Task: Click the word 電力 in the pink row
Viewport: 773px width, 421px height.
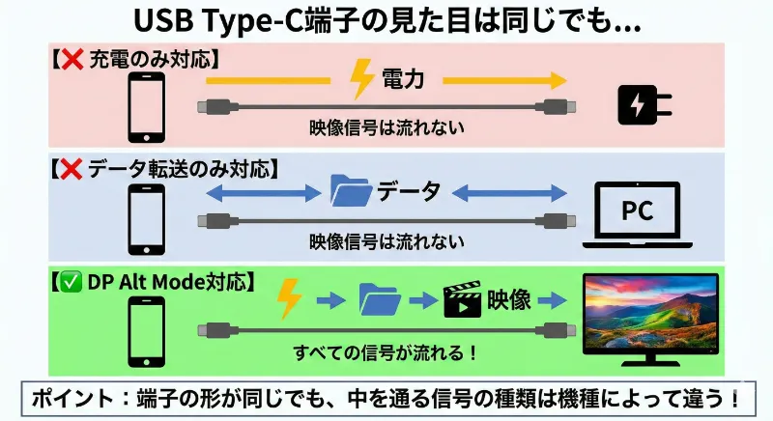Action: pos(403,80)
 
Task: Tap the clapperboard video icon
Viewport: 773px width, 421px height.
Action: pos(462,301)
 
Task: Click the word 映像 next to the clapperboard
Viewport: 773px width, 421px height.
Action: pos(507,300)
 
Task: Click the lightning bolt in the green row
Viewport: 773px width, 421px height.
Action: pos(288,299)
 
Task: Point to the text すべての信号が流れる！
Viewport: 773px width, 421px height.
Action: pos(386,352)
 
